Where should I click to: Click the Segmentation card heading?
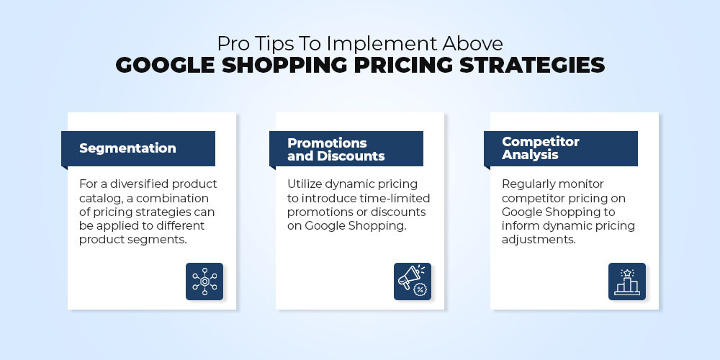click(127, 148)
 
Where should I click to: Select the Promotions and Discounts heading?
click(336, 149)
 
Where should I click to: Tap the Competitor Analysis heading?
click(541, 148)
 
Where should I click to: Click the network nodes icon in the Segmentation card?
click(204, 282)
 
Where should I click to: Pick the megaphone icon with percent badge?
click(413, 282)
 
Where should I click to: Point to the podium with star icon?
click(627, 282)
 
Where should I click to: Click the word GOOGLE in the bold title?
click(165, 66)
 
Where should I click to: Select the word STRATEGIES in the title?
click(532, 66)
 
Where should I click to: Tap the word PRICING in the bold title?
click(402, 66)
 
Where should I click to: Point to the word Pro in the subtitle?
click(231, 44)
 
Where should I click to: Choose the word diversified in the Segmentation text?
click(127, 184)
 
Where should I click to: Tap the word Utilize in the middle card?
click(305, 184)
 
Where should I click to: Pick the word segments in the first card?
click(161, 240)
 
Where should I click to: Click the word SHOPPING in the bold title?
click(284, 66)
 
